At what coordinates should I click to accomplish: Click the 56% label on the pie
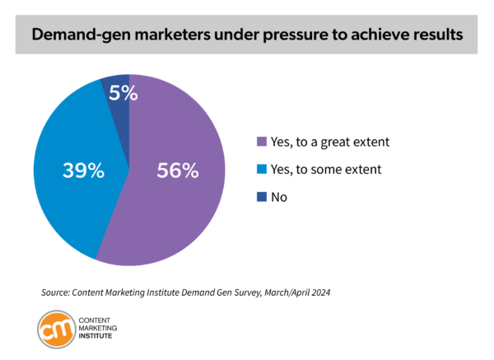pos(178,171)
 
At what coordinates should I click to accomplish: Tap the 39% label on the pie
pos(83,171)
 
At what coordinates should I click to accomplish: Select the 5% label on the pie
pos(123,93)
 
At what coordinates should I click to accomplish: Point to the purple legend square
pos(263,142)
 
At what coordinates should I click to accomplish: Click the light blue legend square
pos(263,169)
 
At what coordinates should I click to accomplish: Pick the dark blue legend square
pos(263,197)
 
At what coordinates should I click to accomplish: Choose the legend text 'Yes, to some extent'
pos(324,169)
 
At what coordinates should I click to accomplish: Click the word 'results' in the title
pos(430,36)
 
